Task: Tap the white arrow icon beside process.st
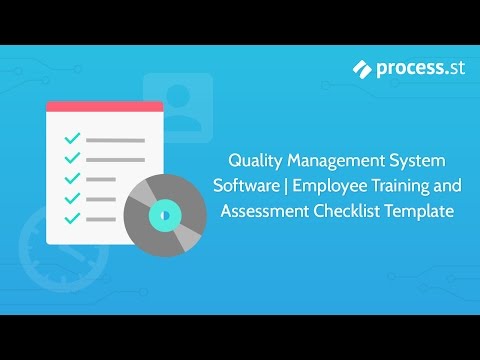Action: tap(364, 68)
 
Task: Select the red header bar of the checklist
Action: tap(104, 105)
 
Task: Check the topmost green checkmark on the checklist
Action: tap(72, 139)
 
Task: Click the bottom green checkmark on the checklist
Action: tap(72, 217)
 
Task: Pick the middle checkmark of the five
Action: tap(72, 178)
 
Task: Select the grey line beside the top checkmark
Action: tap(114, 140)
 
